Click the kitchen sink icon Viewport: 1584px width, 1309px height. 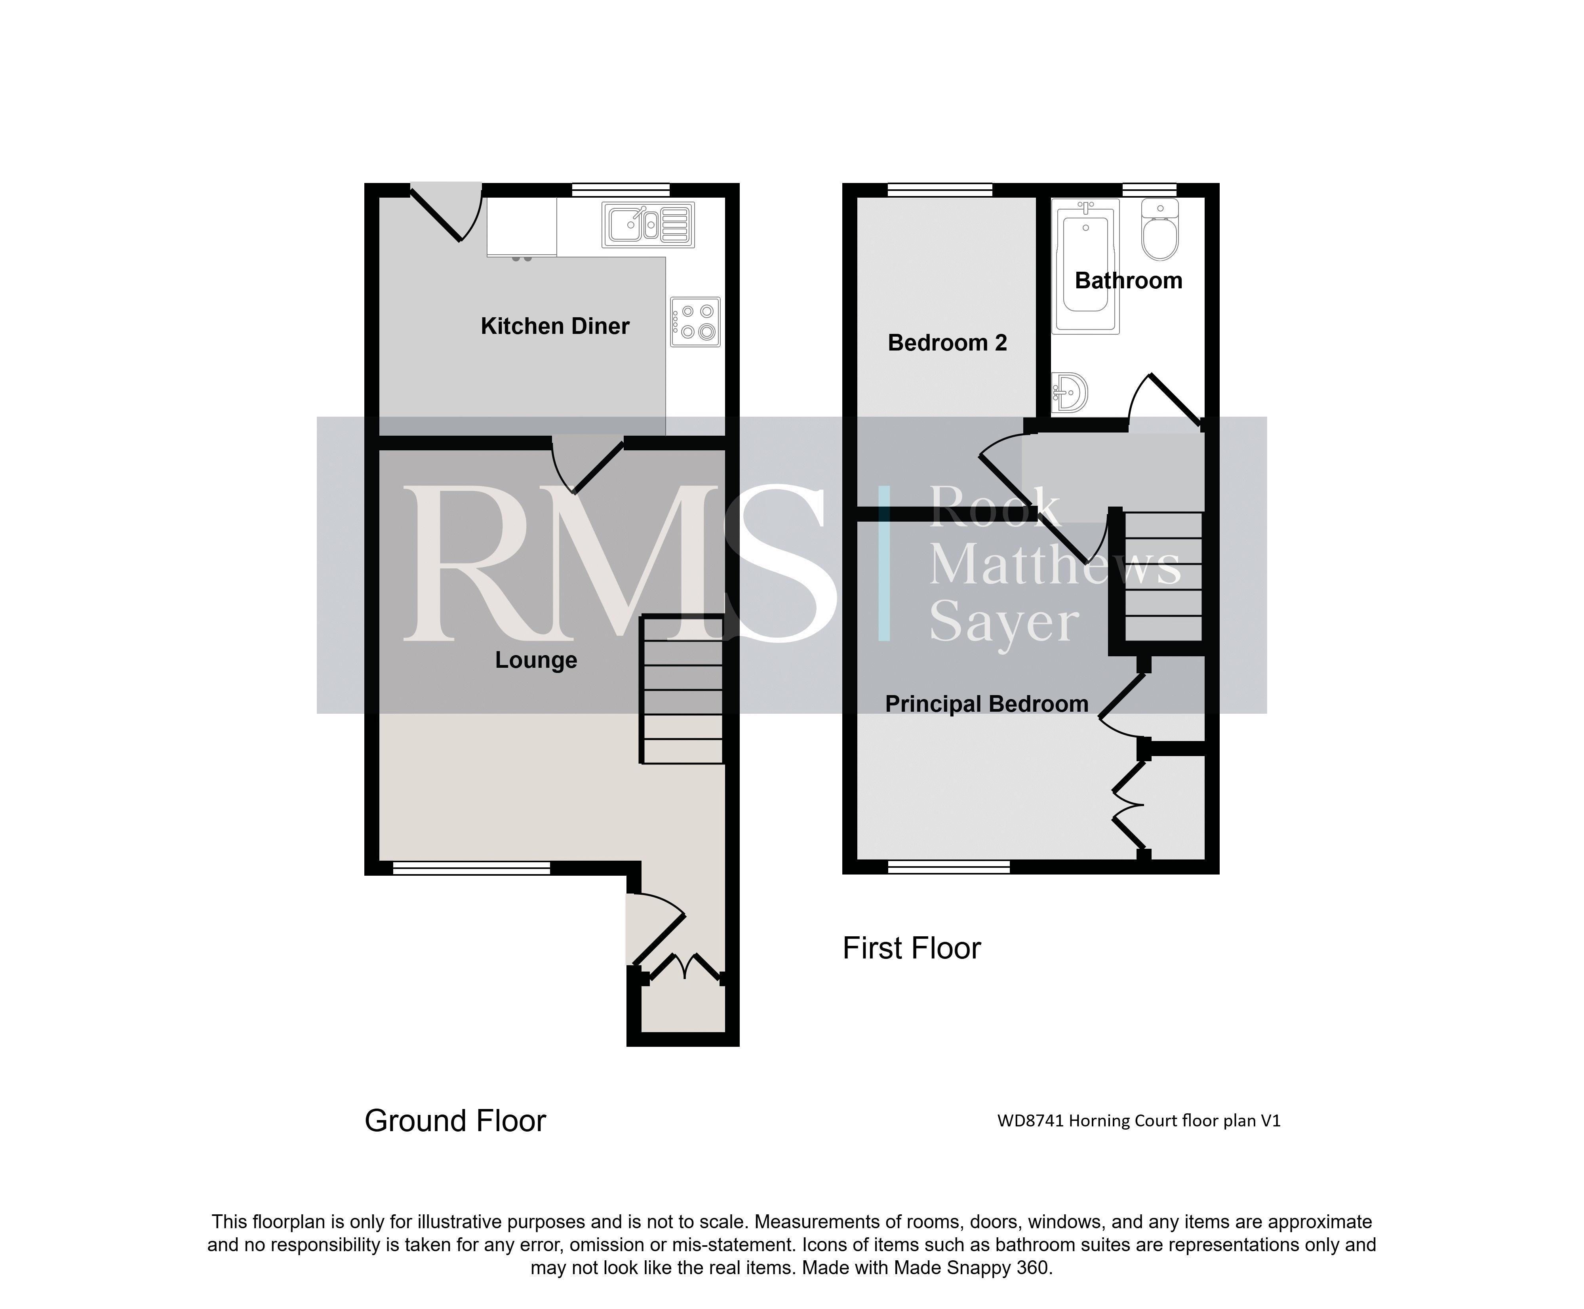tap(647, 225)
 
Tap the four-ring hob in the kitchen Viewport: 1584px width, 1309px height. tap(695, 322)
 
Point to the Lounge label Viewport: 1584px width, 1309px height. tap(536, 660)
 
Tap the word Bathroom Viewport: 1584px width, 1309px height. tap(1128, 280)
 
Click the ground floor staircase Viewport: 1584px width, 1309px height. tap(682, 690)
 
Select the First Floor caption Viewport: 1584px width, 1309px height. tap(912, 949)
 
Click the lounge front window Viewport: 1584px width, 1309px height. tap(471, 868)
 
